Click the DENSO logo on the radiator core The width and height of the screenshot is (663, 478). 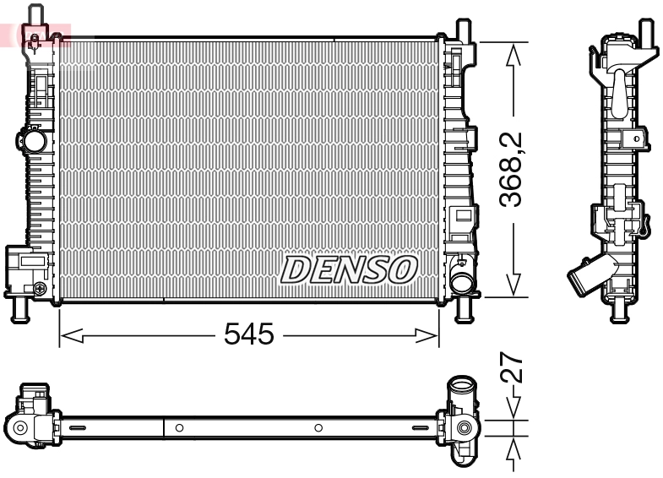coord(349,269)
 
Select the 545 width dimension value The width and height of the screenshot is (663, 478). coord(249,335)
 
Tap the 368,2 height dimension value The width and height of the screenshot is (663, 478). coord(510,169)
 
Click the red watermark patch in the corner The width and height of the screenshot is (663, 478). coord(34,34)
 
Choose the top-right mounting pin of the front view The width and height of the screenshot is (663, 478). coord(462,29)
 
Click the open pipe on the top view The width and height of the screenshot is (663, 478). coord(463,390)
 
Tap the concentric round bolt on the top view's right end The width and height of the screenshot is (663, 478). coord(463,428)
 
